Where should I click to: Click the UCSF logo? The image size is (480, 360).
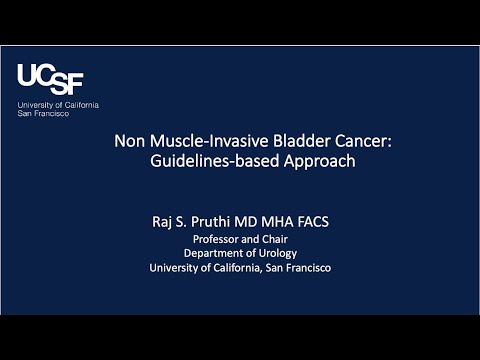click(x=50, y=79)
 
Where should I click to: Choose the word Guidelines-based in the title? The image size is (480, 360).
click(x=212, y=161)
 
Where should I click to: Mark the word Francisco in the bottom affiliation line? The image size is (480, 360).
click(x=306, y=267)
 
